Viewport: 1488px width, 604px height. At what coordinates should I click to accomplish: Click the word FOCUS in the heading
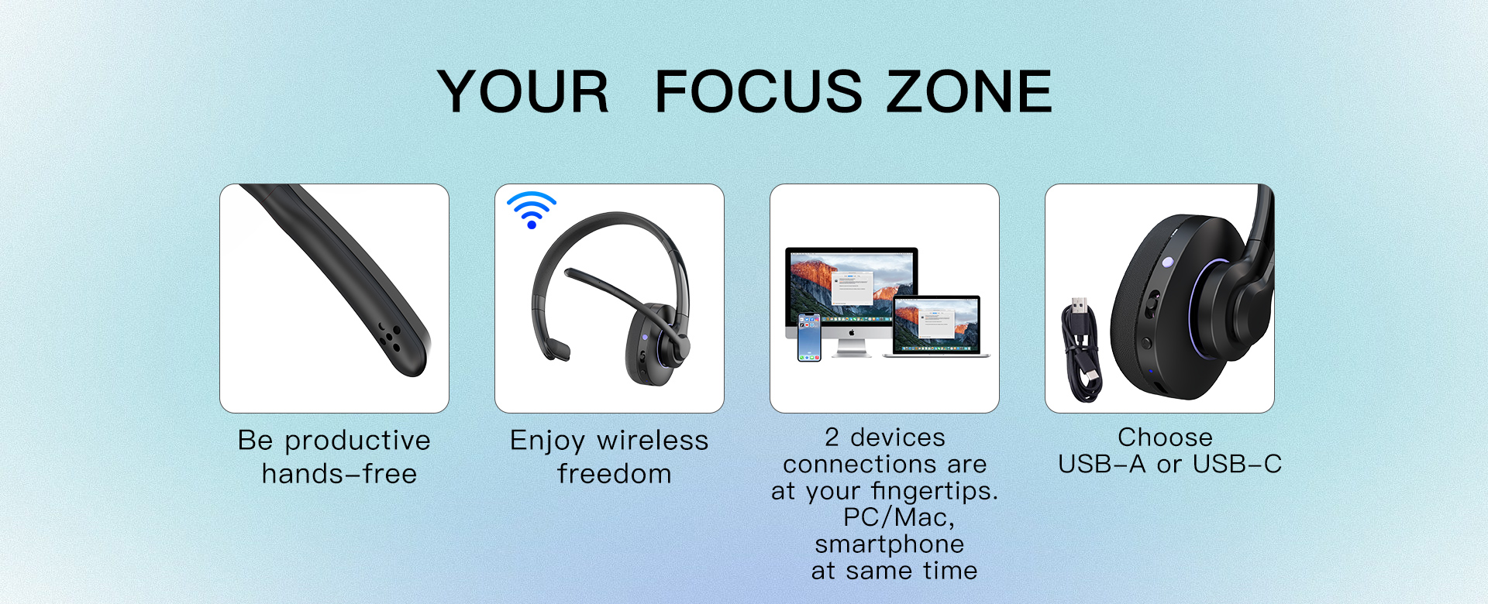coord(758,91)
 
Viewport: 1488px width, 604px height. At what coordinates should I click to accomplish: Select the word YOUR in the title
coord(523,91)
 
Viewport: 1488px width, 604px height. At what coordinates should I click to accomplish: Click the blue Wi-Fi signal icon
coord(532,210)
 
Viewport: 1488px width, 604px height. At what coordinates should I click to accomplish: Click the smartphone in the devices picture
coord(809,337)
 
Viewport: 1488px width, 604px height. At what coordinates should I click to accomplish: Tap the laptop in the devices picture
coord(937,326)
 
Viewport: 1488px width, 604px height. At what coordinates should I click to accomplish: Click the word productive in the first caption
coord(357,441)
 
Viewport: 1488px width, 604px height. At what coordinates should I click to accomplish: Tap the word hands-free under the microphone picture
coord(339,473)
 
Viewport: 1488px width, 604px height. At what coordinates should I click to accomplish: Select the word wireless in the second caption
coord(653,440)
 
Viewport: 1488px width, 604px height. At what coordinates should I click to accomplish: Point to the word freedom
coord(614,473)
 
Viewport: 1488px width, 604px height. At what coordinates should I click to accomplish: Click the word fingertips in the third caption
coord(934,492)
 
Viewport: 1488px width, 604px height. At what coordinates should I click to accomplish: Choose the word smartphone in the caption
coord(889,545)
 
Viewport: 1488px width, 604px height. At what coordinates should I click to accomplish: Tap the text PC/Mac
coord(898,517)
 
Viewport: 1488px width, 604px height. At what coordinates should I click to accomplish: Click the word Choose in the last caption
coord(1165,437)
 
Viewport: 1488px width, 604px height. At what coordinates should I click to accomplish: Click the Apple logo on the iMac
coord(851,332)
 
